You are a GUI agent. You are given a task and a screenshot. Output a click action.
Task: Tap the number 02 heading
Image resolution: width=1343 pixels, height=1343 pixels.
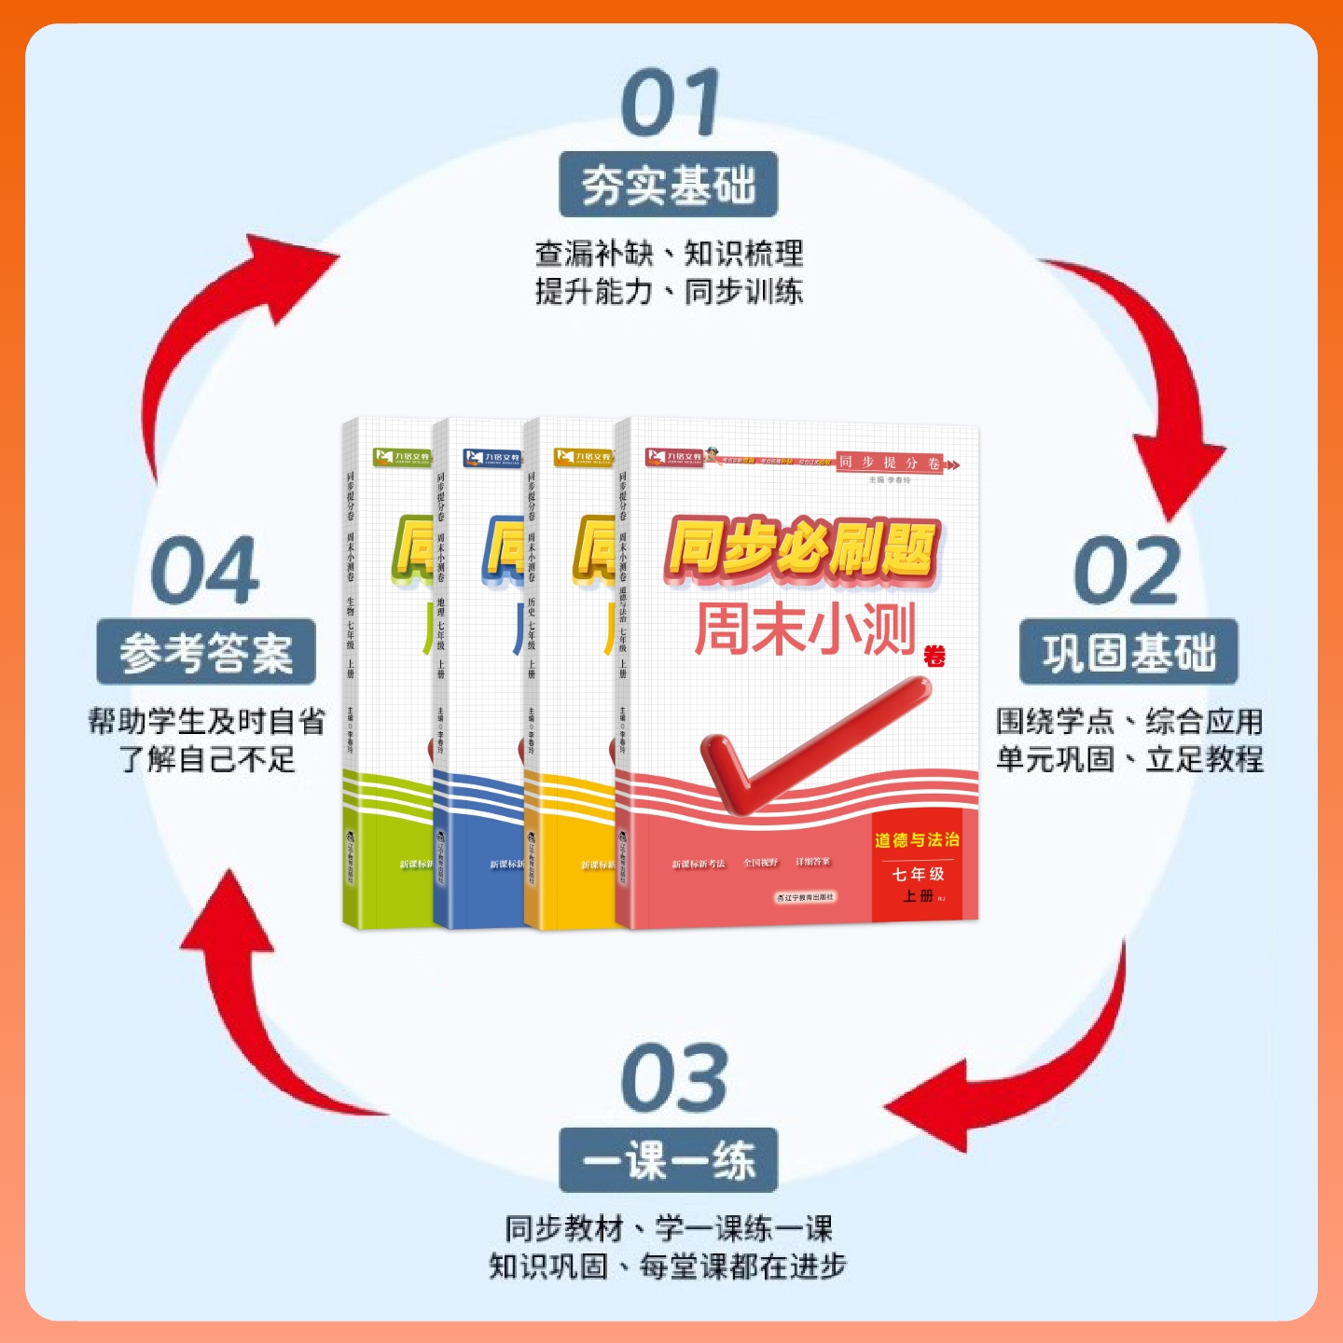click(x=1127, y=571)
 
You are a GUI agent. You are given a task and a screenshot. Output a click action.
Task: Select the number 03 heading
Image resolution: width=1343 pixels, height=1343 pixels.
click(x=673, y=1079)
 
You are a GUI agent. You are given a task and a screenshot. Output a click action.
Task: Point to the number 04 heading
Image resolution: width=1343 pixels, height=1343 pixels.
click(x=205, y=571)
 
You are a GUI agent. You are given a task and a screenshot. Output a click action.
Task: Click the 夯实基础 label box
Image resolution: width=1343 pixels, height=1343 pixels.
click(x=668, y=185)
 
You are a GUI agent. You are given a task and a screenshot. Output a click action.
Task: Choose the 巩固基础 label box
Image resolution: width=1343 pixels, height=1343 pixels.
click(x=1128, y=652)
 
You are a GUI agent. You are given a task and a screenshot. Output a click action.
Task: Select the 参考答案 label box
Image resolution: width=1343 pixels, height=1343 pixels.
click(x=206, y=652)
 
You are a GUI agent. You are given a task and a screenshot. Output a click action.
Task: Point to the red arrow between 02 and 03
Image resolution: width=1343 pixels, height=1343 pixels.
click(x=1035, y=1063)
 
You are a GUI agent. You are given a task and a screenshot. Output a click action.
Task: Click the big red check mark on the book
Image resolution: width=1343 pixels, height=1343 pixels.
click(x=802, y=746)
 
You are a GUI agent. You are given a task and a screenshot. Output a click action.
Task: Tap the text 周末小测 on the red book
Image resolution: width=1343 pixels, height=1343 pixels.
click(x=804, y=630)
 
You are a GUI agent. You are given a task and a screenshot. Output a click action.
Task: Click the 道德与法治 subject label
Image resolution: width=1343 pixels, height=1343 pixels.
click(x=916, y=840)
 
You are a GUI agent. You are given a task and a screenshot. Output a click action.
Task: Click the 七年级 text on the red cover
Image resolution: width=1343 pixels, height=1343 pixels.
click(x=918, y=874)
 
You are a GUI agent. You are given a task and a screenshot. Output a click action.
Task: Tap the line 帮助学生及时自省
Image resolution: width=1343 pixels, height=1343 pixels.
click(x=206, y=721)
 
